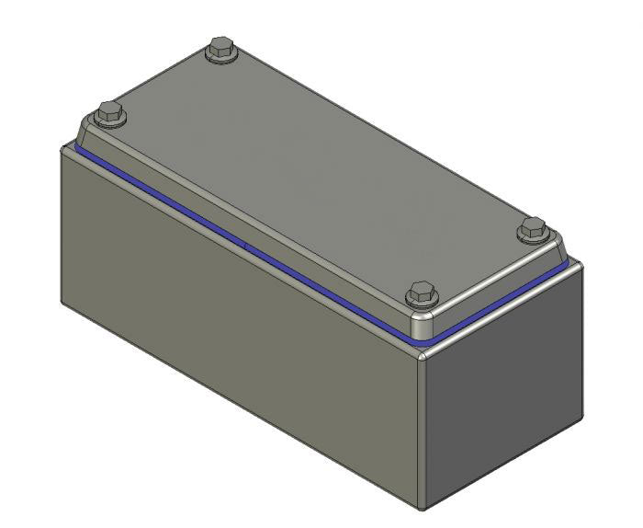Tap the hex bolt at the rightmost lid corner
click(x=532, y=230)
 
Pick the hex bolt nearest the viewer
click(x=421, y=295)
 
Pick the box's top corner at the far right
click(x=581, y=264)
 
